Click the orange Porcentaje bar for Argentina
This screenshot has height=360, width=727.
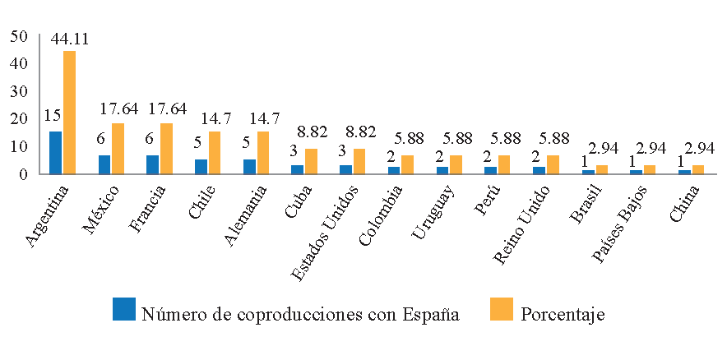click(x=69, y=113)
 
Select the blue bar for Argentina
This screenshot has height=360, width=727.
click(x=55, y=153)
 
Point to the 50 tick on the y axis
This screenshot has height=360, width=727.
click(x=21, y=35)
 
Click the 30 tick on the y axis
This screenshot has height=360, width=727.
click(x=21, y=91)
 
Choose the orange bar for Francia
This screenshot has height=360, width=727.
click(x=166, y=149)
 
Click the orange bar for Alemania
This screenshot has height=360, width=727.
click(x=263, y=153)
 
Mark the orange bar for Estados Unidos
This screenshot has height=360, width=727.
click(x=359, y=161)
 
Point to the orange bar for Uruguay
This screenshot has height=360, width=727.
click(x=456, y=164)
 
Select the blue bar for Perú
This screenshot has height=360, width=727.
click(x=490, y=170)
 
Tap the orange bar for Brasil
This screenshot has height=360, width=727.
click(x=601, y=169)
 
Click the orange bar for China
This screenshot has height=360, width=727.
click(x=698, y=169)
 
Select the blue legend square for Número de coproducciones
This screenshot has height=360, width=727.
click(x=124, y=310)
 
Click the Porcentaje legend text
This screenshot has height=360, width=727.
click(x=563, y=314)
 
